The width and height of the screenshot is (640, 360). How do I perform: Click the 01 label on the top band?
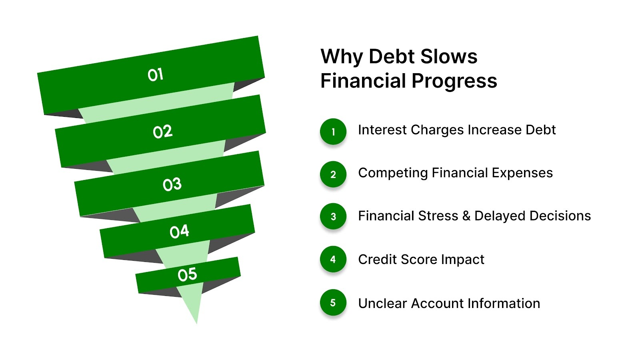155,75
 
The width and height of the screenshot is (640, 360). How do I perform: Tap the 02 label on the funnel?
162,132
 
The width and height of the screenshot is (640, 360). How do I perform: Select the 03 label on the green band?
172,184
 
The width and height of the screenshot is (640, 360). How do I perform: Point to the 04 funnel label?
179,231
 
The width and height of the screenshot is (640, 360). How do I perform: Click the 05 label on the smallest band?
187,275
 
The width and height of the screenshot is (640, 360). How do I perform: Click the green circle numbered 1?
333,132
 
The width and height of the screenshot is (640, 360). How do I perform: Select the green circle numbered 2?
333,174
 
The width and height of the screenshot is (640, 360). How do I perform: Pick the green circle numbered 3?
333,217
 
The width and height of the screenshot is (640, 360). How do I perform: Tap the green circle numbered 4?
333,260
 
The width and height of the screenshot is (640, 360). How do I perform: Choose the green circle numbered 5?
333,303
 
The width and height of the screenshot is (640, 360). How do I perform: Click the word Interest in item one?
382,130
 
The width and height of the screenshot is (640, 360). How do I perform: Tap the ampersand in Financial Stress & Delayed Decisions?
466,216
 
